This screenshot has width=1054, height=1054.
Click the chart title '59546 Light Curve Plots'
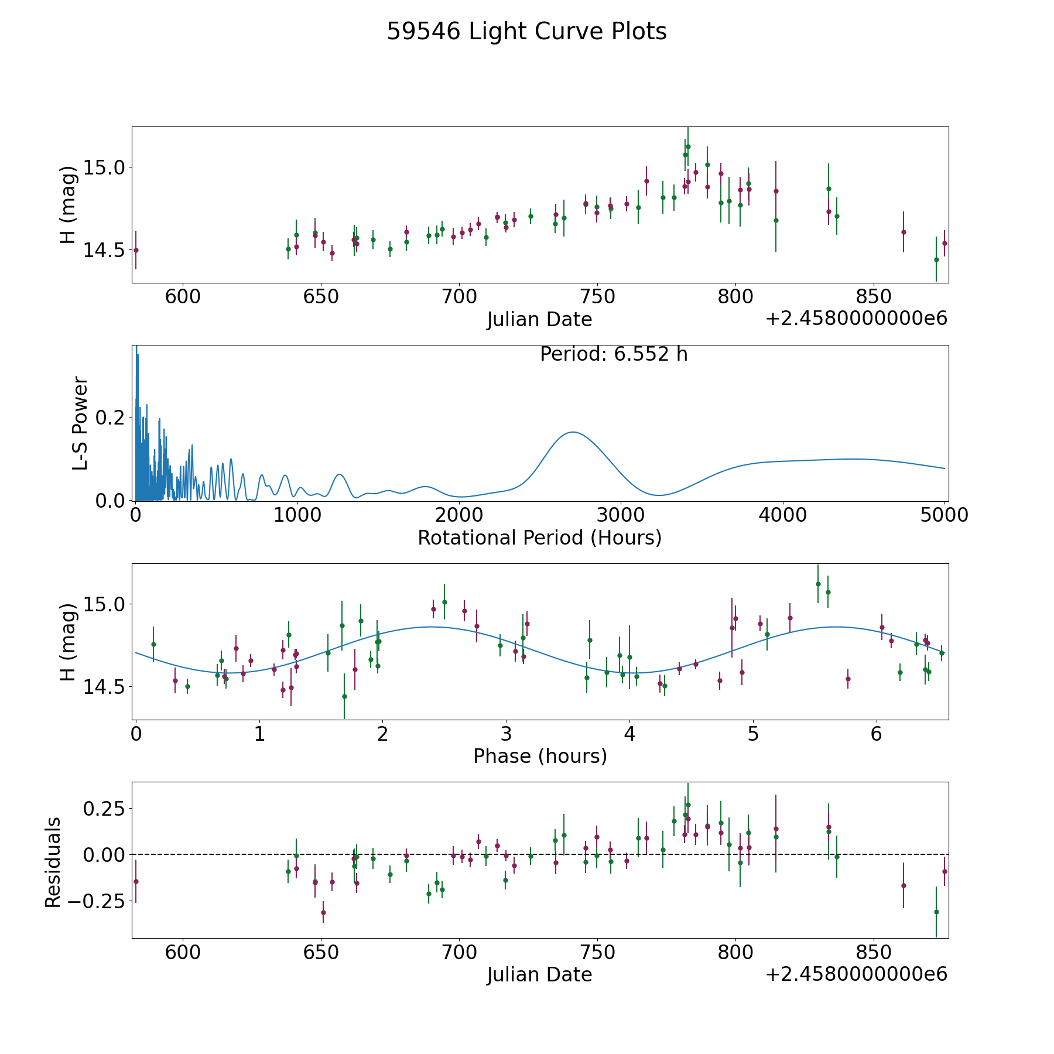[x=526, y=32]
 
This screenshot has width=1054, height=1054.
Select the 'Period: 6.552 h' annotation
[x=614, y=354]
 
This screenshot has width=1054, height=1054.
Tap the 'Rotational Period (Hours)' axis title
[x=539, y=538]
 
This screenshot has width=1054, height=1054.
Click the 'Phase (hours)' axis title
[x=540, y=756]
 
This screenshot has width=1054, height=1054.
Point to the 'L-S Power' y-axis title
[x=80, y=423]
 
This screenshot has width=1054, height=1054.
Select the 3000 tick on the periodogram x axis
[x=621, y=515]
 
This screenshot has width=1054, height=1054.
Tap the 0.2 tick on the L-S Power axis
[x=111, y=418]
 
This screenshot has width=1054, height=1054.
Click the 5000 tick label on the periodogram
[x=944, y=515]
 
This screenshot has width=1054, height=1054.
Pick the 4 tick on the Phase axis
[x=629, y=734]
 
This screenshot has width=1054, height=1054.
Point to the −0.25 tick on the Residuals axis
[x=95, y=901]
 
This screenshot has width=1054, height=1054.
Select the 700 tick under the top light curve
[x=459, y=296]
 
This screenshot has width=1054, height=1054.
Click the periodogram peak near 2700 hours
[x=573, y=432]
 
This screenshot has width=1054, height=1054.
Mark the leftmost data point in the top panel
[x=136, y=250]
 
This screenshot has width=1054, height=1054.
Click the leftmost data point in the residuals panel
[x=136, y=881]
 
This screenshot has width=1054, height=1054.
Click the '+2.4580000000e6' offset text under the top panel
[x=856, y=319]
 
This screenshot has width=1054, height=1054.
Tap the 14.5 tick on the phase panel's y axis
[x=104, y=687]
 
